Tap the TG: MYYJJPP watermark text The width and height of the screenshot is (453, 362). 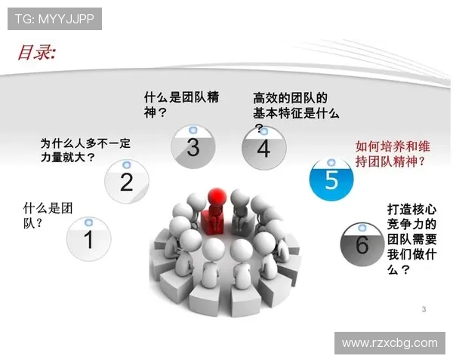(x=54, y=19)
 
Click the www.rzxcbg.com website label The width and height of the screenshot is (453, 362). (x=390, y=343)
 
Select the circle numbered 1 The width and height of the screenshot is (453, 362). (x=88, y=241)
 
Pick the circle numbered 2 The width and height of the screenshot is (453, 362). (x=127, y=182)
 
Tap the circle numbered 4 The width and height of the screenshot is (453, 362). (x=263, y=149)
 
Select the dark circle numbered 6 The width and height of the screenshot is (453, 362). (x=362, y=244)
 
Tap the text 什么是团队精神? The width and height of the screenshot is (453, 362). (x=181, y=105)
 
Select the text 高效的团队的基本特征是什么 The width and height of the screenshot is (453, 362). (x=295, y=106)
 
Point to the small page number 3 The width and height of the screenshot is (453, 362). (x=424, y=309)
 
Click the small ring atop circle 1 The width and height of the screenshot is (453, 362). (x=88, y=222)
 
